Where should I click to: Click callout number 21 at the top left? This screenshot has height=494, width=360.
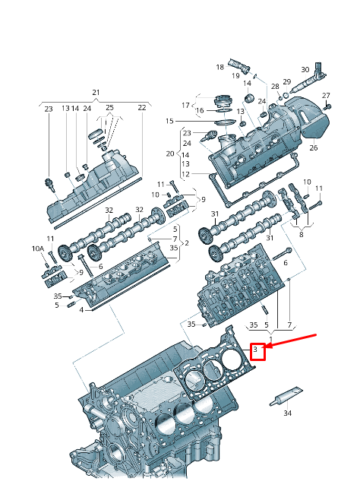click(96, 92)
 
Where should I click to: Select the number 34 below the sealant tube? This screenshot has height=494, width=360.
click(287, 413)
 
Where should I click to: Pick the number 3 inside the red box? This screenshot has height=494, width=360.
click(257, 350)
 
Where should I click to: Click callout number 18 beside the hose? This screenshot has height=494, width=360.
click(219, 67)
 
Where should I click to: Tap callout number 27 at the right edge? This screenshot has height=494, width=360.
click(327, 96)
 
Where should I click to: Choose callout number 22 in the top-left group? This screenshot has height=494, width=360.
click(141, 109)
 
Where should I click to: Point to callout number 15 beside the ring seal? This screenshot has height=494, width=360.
click(169, 122)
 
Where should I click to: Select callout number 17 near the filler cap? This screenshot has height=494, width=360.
click(185, 104)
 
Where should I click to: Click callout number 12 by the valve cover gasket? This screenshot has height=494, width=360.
click(187, 174)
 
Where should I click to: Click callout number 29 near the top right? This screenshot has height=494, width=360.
click(287, 81)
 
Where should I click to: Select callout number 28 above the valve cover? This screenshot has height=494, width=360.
click(274, 87)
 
